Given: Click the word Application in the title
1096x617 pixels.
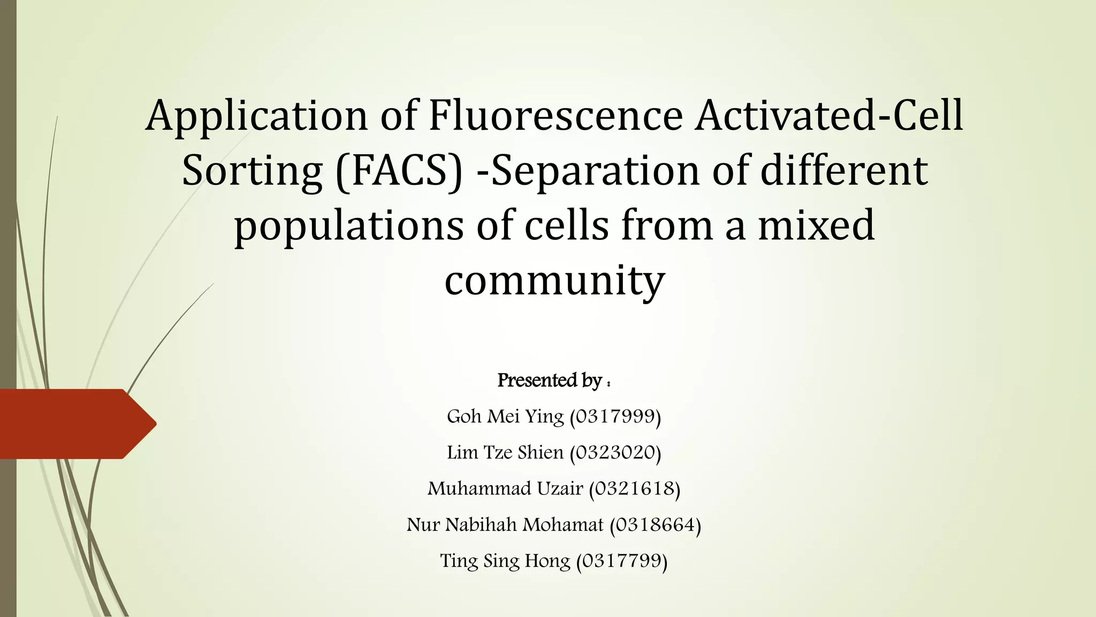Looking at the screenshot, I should (257, 116).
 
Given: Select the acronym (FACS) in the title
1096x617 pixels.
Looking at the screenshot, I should (399, 171).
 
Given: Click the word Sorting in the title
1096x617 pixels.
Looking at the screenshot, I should (252, 171).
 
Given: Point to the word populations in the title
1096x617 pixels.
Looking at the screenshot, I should (348, 226).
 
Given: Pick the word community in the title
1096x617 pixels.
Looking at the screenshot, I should (554, 281).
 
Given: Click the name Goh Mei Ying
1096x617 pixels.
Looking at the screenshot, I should (505, 416).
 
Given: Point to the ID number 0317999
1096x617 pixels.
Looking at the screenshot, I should (615, 416).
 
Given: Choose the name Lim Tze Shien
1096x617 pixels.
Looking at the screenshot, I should (505, 453).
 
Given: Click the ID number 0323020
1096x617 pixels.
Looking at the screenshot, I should (615, 453).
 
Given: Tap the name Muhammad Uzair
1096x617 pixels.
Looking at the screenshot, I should (505, 488).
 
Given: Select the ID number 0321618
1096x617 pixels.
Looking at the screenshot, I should (635, 488).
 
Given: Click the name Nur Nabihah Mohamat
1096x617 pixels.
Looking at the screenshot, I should (505, 524).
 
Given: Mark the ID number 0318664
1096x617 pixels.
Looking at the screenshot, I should (656, 524).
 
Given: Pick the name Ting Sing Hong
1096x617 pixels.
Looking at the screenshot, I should (505, 561).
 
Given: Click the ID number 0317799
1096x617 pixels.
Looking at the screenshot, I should (622, 561).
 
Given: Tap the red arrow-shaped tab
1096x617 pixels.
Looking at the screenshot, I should (75, 424).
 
